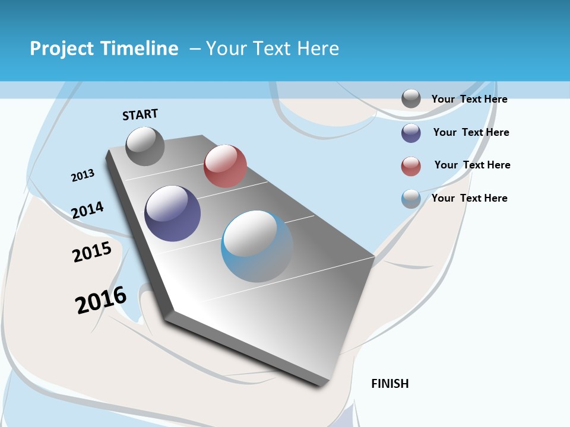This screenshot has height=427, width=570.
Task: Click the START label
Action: click(140, 114)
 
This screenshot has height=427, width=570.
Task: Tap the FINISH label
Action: click(390, 384)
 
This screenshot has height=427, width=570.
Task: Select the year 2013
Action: click(83, 176)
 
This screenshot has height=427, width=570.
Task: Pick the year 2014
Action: click(87, 210)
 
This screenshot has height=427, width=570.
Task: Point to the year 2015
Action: click(92, 252)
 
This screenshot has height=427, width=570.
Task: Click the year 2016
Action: click(101, 300)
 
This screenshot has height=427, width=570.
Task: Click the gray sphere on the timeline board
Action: click(145, 146)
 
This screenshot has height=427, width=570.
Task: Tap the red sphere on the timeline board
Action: click(225, 166)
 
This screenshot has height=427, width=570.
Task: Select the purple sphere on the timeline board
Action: click(172, 213)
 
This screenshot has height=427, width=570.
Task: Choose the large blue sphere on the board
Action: click(257, 246)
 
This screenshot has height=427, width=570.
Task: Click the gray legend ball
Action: click(411, 99)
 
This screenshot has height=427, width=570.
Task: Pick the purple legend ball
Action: click(411, 133)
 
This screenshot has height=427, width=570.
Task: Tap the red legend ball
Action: click(411, 166)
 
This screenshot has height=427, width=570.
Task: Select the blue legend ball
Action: click(411, 199)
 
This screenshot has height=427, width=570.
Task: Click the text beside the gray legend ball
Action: click(469, 99)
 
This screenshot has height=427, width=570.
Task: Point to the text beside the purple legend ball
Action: click(471, 132)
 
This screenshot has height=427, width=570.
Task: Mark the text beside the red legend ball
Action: click(472, 165)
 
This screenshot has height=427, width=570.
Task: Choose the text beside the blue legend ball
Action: click(469, 198)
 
